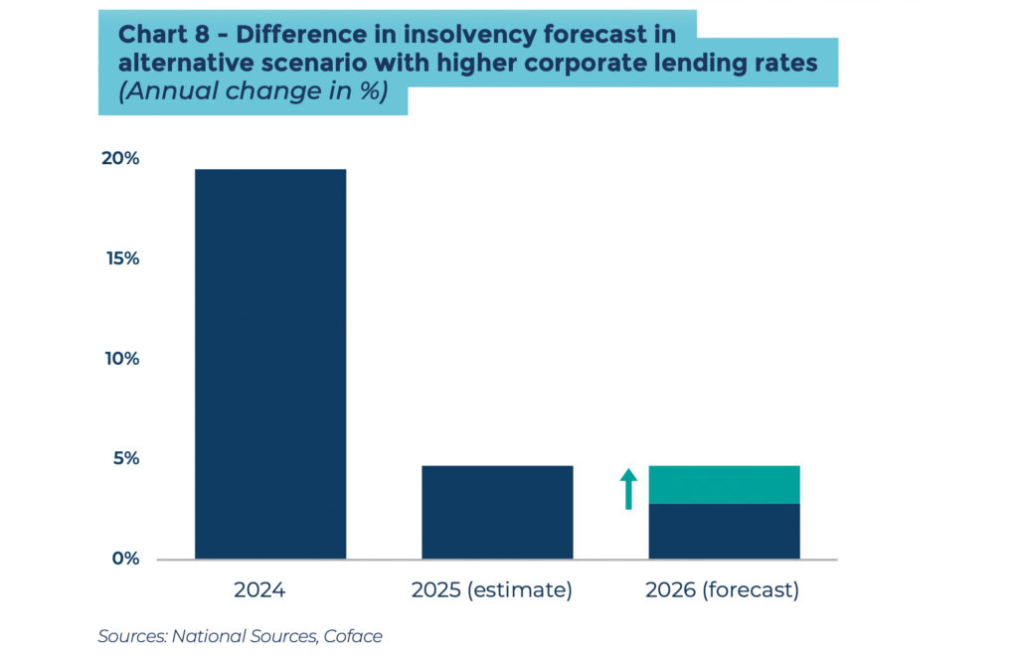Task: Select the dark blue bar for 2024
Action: pyautogui.click(x=270, y=364)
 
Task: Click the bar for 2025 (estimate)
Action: pyautogui.click(x=497, y=512)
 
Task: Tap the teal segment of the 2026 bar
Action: pyautogui.click(x=724, y=485)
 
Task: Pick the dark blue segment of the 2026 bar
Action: pyautogui.click(x=724, y=531)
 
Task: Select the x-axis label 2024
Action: pyautogui.click(x=259, y=590)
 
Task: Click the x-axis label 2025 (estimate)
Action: pyautogui.click(x=491, y=590)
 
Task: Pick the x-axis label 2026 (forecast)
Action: pyautogui.click(x=722, y=590)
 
